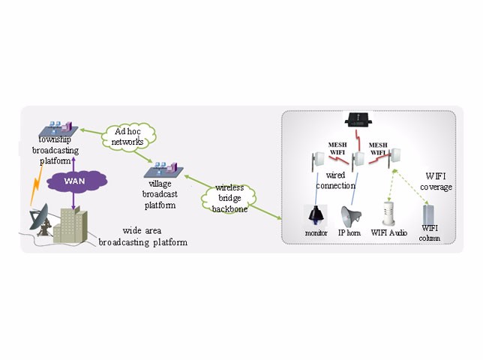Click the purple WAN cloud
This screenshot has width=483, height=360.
[73, 181]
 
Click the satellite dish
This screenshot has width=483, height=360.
[40, 219]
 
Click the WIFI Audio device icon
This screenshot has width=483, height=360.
[389, 214]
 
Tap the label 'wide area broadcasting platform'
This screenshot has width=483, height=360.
[144, 236]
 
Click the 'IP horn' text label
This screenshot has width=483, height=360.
[350, 233]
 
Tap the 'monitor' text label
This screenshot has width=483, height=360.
[316, 233]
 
